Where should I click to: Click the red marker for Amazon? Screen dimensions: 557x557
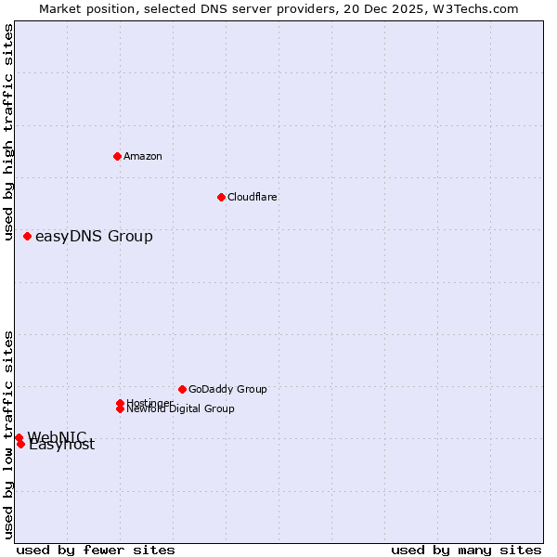point(117,156)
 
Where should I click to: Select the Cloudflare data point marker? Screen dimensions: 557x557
point(221,197)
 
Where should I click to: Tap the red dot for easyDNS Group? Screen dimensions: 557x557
point(27,237)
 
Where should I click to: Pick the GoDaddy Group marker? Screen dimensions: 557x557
point(182,389)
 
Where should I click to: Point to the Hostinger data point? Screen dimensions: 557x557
point(120,403)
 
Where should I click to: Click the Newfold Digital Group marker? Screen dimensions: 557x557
point(120,408)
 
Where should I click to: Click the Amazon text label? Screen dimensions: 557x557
point(143,156)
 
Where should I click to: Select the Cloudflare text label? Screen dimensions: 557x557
point(252,197)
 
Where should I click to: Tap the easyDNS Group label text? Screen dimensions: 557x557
point(94,237)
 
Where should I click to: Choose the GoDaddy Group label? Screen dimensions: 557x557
point(227,389)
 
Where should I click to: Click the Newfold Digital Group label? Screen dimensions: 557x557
point(181,409)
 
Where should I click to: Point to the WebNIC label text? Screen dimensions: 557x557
point(57,436)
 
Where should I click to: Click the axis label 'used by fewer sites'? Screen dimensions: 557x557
point(96,550)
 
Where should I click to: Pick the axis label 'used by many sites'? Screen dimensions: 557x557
point(466,550)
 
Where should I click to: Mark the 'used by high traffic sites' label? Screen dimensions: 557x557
point(9,133)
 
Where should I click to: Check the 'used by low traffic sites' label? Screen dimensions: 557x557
point(9,434)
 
